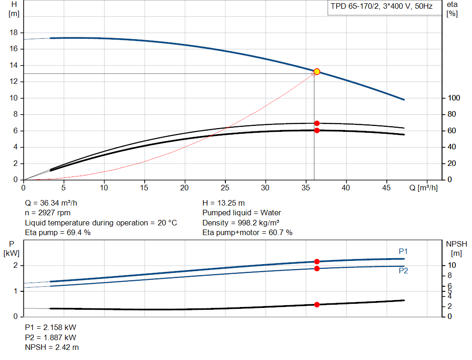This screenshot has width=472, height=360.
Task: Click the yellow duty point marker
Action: (x=317, y=71)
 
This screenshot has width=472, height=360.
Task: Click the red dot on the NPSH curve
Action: (x=317, y=305)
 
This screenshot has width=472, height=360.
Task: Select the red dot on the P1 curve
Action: (x=317, y=261)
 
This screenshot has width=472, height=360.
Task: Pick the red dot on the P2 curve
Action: (x=317, y=268)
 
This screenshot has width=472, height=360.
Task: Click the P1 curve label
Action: (x=403, y=251)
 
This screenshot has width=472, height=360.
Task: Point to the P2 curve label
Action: (x=403, y=271)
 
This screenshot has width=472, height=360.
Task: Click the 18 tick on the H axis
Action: (x=13, y=33)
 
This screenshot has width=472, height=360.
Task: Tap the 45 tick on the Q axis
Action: (x=386, y=188)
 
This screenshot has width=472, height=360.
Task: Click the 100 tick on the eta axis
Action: (x=454, y=98)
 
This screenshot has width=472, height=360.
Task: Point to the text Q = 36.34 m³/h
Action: (x=54, y=203)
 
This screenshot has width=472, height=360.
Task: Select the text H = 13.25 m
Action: (x=224, y=203)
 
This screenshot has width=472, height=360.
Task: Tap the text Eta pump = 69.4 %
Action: (x=58, y=233)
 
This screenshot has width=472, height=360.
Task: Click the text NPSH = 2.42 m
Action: (x=52, y=347)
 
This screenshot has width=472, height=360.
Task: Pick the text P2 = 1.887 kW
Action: (x=50, y=337)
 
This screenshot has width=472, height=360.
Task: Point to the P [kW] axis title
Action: (x=13, y=248)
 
